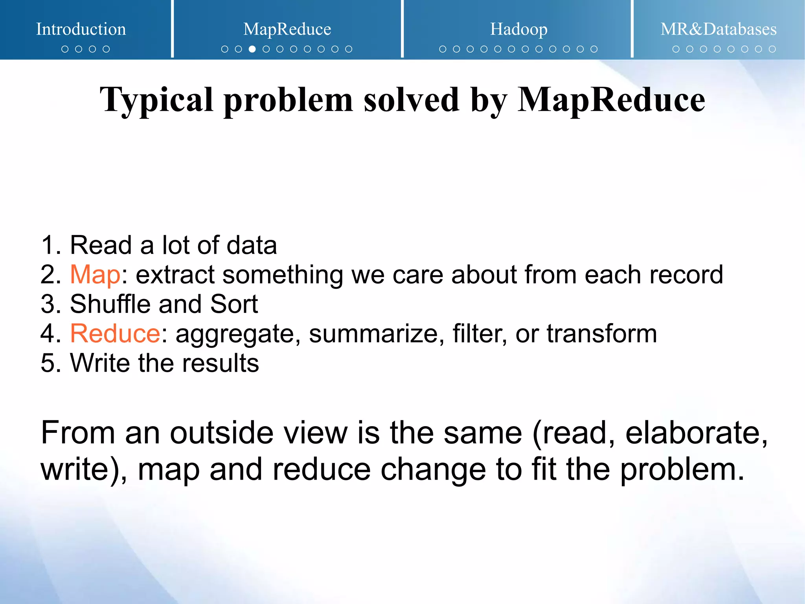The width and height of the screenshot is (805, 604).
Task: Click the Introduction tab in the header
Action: pyautogui.click(x=81, y=29)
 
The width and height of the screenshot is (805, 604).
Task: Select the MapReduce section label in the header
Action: pyautogui.click(x=287, y=29)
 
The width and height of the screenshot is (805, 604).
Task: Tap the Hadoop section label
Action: pyautogui.click(x=518, y=29)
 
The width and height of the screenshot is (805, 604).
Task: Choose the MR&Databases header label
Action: pyautogui.click(x=718, y=29)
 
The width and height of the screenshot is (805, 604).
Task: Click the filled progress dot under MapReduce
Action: pyautogui.click(x=252, y=49)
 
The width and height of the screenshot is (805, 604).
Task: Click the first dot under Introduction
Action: pyautogui.click(x=65, y=49)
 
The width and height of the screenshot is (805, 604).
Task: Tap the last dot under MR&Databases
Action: pyautogui.click(x=772, y=49)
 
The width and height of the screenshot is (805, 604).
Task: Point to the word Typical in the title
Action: pyautogui.click(x=156, y=100)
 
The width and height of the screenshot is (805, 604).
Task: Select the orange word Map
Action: pyautogui.click(x=95, y=274)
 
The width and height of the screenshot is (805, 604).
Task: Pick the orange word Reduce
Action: pyautogui.click(x=115, y=333)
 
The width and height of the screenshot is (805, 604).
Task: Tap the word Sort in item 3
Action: pyautogui.click(x=234, y=304)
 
